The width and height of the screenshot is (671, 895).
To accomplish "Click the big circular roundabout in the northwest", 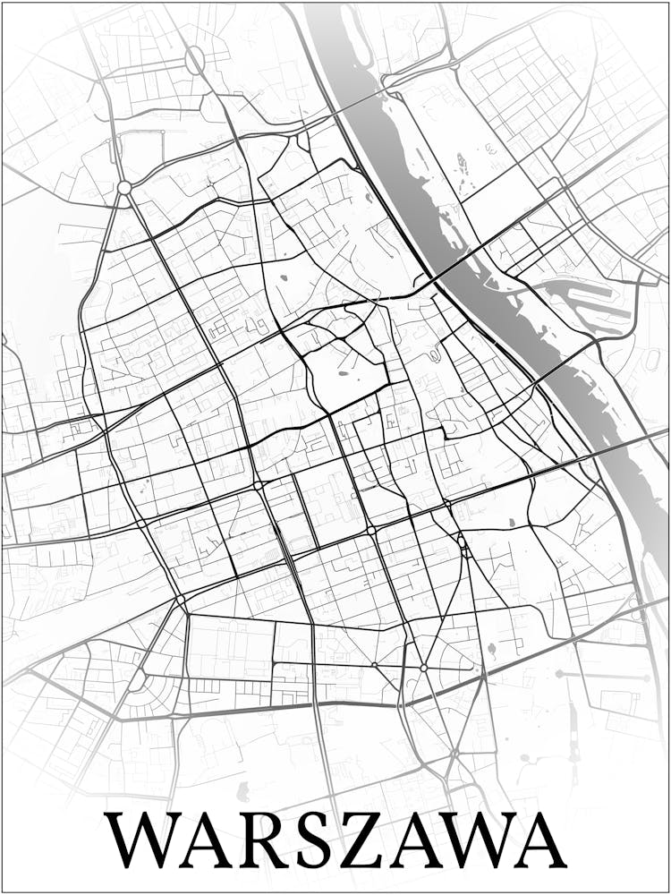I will [x=124, y=188].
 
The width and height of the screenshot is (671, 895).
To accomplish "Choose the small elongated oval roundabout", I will [x=194, y=61].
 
